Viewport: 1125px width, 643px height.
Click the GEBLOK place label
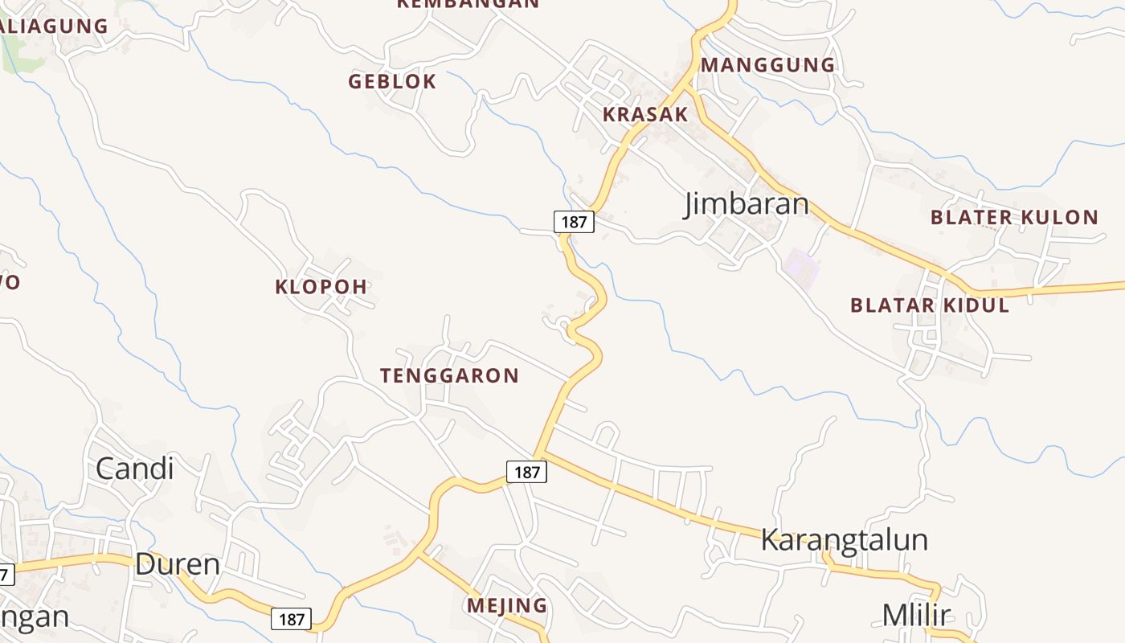click(392, 81)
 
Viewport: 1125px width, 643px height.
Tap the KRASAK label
click(645, 114)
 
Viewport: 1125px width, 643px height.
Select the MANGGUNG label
click(768, 65)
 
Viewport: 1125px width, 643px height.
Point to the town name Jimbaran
click(747, 204)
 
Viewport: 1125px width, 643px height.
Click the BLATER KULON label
click(1014, 217)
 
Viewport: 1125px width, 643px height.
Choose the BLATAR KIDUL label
click(930, 305)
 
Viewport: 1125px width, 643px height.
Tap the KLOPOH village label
click(321, 286)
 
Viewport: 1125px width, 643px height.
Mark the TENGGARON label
click(449, 375)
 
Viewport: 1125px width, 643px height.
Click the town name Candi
click(134, 469)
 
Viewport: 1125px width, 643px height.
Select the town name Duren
click(178, 564)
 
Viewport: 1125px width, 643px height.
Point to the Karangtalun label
click(844, 540)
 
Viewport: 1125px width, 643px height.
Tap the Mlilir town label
click(916, 616)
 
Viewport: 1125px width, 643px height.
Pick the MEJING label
click(507, 605)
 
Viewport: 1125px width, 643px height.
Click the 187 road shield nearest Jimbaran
click(574, 222)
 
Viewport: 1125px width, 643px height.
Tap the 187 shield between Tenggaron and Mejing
click(526, 472)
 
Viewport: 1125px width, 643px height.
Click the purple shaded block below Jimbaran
click(801, 268)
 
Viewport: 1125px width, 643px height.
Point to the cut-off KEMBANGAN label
click(468, 4)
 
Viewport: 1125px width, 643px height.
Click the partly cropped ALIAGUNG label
click(55, 26)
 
